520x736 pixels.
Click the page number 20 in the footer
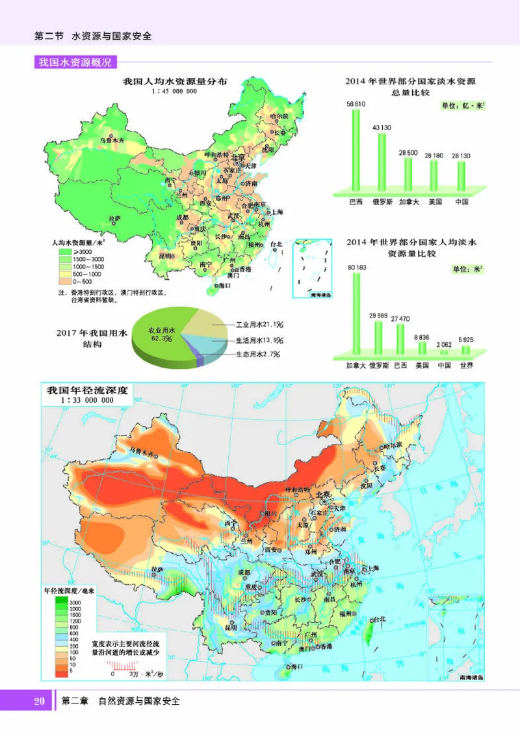[38, 702]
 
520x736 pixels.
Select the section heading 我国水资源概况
[75, 63]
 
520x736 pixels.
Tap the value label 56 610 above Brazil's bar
[356, 104]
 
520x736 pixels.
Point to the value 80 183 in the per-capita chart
[357, 267]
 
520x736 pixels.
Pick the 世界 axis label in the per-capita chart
[465, 366]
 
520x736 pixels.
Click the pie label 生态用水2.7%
[257, 355]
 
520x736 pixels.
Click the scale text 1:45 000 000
[174, 92]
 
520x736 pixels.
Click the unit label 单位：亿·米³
[464, 106]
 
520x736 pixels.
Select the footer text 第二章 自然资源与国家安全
[120, 702]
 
